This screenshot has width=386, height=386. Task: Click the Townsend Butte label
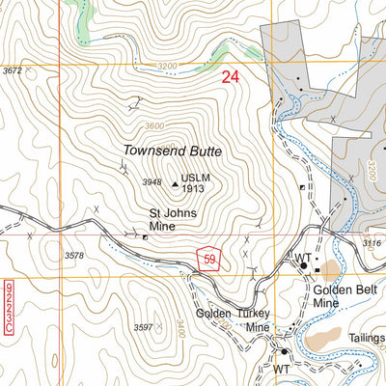[x=172, y=152]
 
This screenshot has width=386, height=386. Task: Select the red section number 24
[x=231, y=77]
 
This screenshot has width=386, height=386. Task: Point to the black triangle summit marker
[x=175, y=181]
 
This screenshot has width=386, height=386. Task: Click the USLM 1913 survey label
[x=196, y=183]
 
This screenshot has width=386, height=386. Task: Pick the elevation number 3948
[x=152, y=182]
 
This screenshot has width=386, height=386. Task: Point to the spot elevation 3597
[x=144, y=328]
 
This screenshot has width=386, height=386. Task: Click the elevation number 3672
[x=12, y=71]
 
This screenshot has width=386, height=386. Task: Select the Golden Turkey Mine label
[x=233, y=320]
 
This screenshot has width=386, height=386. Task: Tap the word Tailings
[x=368, y=338]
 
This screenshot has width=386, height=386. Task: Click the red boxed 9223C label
[x=9, y=308]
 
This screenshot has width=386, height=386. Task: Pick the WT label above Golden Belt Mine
[x=303, y=258]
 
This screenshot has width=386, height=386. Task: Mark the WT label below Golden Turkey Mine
[x=282, y=369]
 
